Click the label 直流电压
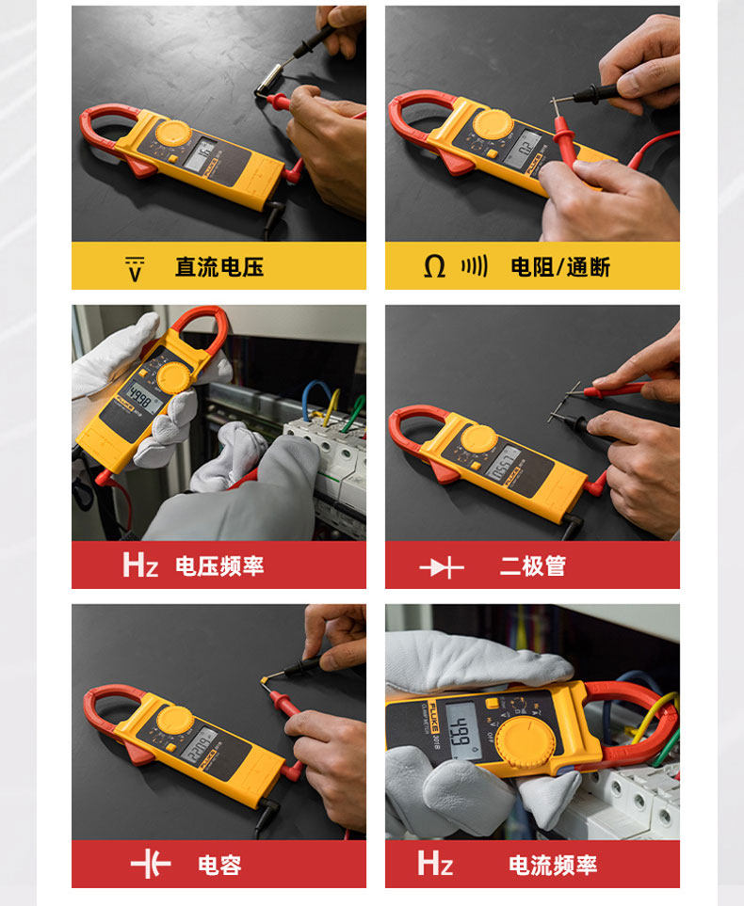coord(219,267)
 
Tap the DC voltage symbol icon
coord(136,268)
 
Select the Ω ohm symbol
coord(434,267)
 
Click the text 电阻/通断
coord(560,267)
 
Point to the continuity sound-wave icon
coord(474,266)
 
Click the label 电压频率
coord(219,566)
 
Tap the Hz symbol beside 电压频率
coord(140,564)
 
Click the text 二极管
coord(532,566)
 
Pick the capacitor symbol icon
coord(151,865)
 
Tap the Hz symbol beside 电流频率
coord(435,863)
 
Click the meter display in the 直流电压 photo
coord(200,154)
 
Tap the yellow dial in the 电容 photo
coord(175,721)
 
